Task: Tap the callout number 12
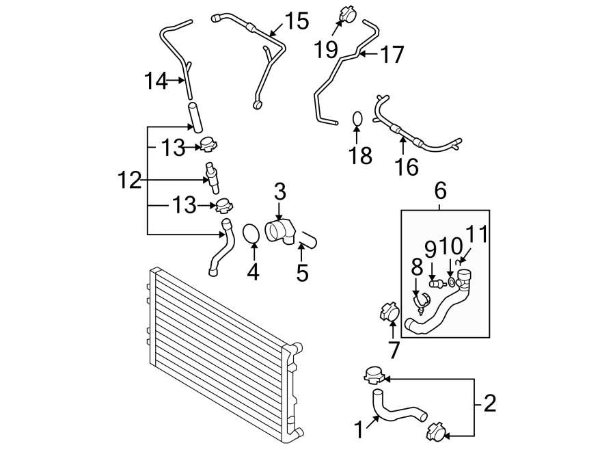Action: (x=128, y=181)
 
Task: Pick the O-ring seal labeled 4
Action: (x=252, y=233)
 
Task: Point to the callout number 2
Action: (x=489, y=403)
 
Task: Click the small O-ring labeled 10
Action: (x=451, y=282)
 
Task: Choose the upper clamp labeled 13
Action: (x=208, y=144)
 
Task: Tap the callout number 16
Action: (x=407, y=165)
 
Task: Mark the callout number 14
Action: (x=155, y=81)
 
